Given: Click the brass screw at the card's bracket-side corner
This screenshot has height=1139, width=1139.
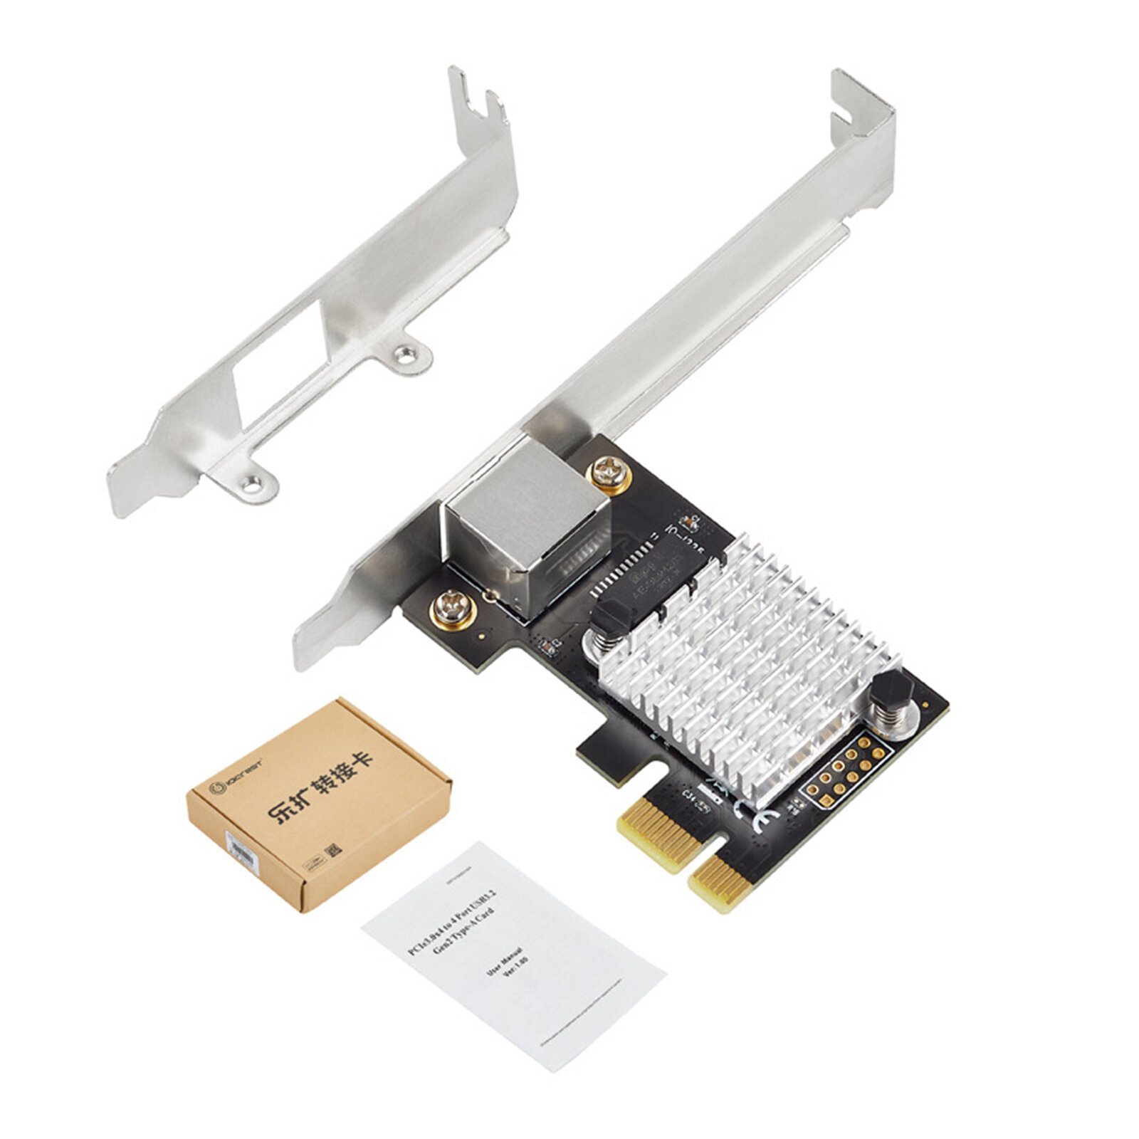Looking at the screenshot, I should (453, 610).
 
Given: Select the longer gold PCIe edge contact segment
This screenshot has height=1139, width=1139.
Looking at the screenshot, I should (658, 833).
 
